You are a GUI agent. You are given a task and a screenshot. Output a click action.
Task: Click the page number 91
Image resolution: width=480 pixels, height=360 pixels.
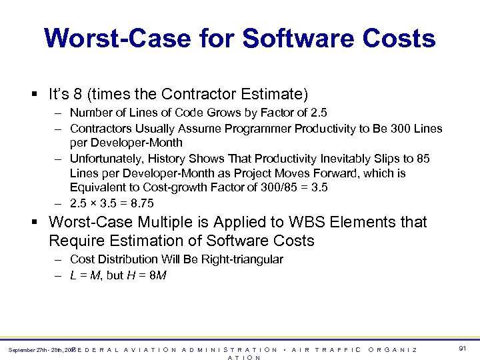(x=463, y=348)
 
